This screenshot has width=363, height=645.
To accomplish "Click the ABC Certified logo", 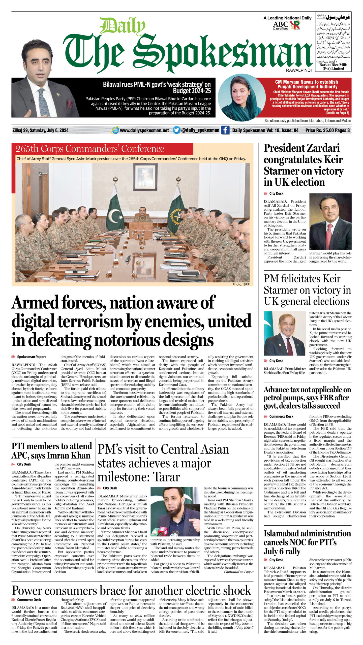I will coord(280,25).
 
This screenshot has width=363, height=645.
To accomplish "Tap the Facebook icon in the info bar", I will coord(225,130).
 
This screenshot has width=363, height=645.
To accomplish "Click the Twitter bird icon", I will coord(176,130).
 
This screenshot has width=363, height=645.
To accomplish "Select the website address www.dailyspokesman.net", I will coord(144,130).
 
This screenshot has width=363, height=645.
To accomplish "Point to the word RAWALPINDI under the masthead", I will coord(299,71).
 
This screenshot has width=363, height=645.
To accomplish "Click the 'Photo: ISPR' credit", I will coord(241,284).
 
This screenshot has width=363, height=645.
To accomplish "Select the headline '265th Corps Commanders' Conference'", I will coord(90,149).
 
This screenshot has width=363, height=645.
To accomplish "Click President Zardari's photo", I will coord(330,221).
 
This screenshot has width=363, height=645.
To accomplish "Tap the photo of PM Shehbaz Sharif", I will coord(285,333).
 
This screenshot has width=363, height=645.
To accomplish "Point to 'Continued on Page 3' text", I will coord(238,572).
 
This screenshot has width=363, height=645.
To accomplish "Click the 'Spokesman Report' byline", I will coord(31,357).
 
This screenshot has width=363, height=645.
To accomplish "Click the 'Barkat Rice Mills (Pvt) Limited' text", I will coord(333,67).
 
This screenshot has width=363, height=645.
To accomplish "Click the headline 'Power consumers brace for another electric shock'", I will coord(131,590).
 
